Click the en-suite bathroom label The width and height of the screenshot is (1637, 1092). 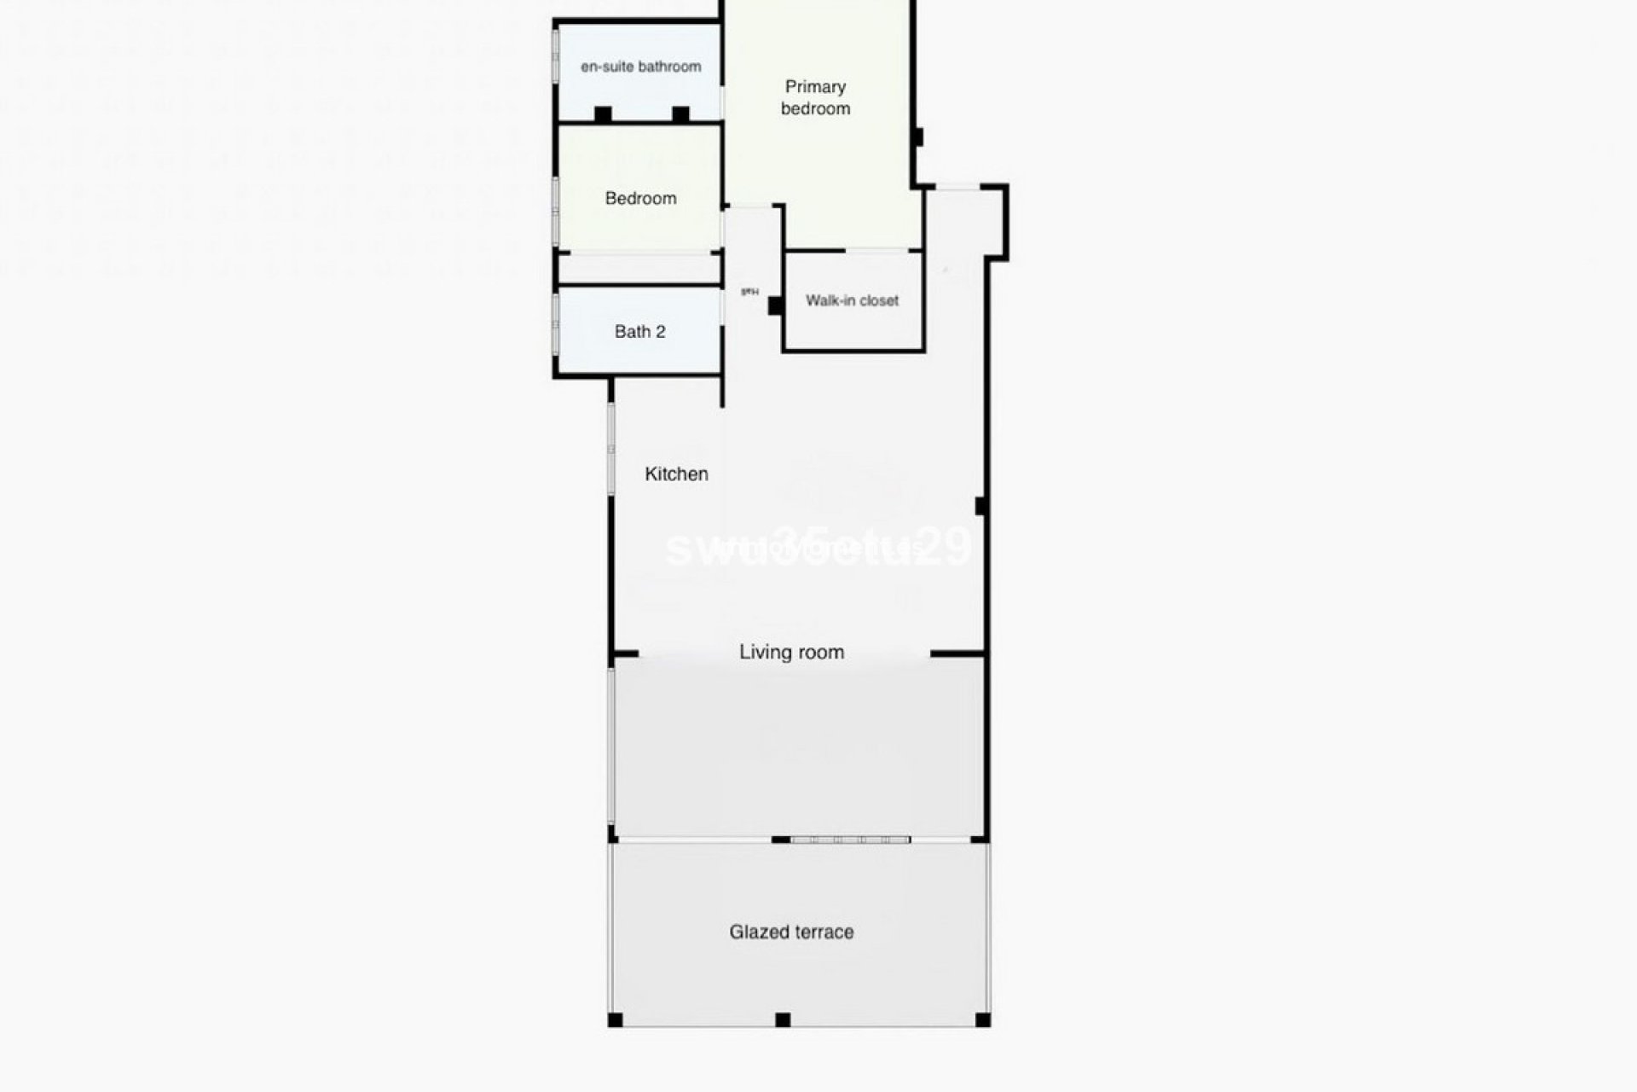point(640,67)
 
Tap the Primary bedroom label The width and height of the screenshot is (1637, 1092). point(815,97)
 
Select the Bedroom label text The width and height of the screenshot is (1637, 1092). point(640,198)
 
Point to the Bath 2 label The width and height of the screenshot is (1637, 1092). point(639,331)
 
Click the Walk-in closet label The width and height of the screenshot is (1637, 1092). point(852,300)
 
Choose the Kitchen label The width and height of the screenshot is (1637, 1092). point(676,473)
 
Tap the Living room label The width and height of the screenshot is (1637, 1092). point(791,652)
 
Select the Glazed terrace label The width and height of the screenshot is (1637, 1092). point(791,932)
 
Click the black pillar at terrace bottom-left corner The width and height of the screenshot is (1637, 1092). point(615,1019)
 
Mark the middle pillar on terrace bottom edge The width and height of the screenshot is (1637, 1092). point(783,1019)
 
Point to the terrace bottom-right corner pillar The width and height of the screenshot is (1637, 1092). point(982,1019)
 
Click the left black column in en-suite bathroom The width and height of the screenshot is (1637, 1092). point(603,113)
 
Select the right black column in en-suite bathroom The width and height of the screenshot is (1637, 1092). point(680,113)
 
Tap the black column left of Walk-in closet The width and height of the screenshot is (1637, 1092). point(775,305)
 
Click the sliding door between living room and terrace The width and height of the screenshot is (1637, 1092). point(850,840)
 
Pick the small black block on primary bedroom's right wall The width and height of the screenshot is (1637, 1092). point(918,136)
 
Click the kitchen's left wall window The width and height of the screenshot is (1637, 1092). point(611,448)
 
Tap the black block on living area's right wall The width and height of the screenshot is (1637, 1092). point(981,506)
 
